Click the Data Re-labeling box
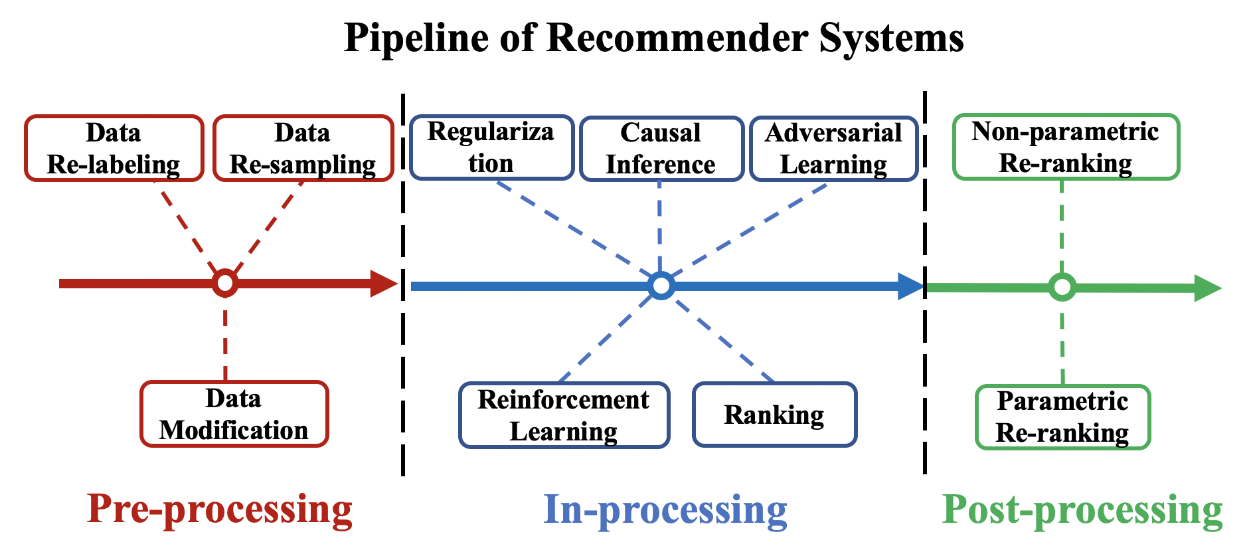(x=114, y=148)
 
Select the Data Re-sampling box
(x=303, y=148)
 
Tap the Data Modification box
(x=234, y=414)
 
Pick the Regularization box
(x=491, y=147)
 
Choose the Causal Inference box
(x=661, y=148)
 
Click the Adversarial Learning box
(x=833, y=148)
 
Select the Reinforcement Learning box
(x=564, y=415)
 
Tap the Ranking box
(x=774, y=415)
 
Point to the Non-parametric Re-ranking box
(x=1066, y=147)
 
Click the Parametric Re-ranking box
(x=1062, y=417)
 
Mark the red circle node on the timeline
(x=225, y=284)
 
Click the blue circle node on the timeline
(x=661, y=286)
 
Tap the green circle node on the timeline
(x=1062, y=288)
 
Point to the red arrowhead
(x=384, y=284)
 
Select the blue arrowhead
(x=910, y=286)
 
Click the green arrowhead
(x=1207, y=288)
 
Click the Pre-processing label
(x=220, y=510)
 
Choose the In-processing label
(x=665, y=510)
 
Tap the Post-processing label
(x=1082, y=510)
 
